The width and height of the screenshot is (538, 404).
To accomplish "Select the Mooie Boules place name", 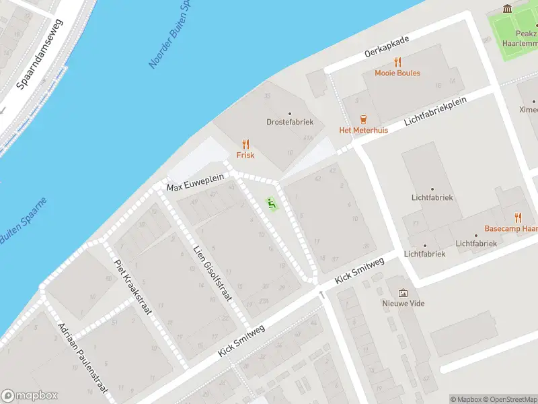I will (x=397, y=73).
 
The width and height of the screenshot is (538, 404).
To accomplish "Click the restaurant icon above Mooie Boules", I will (x=397, y=62).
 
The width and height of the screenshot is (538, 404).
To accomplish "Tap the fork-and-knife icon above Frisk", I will (x=245, y=144).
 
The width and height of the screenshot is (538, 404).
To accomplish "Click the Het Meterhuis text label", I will (x=363, y=130).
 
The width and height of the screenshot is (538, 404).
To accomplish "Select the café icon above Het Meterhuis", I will (x=363, y=119).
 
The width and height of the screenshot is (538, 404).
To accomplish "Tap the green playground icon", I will (x=272, y=203).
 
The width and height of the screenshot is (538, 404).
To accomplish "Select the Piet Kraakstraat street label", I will (x=132, y=288).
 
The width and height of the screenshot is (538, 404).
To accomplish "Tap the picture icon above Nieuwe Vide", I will (x=403, y=292).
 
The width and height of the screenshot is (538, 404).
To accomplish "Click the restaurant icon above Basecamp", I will (x=517, y=217).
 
